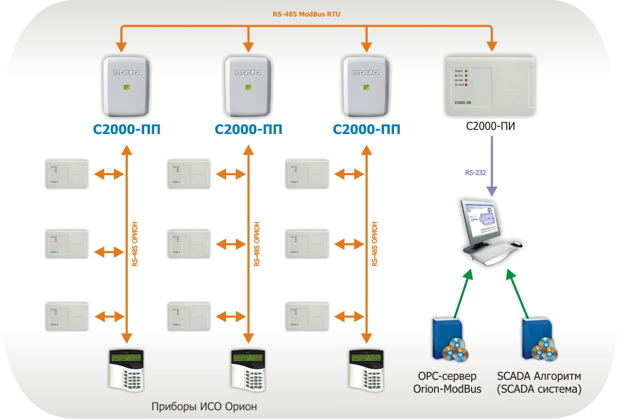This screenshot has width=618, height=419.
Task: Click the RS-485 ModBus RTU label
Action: point(306,14)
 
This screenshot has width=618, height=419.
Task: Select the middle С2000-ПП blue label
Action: point(248,129)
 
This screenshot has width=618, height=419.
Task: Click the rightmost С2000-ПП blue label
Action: point(367,129)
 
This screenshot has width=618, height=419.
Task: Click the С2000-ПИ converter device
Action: point(489,87)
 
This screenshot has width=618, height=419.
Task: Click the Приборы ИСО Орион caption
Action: point(204,407)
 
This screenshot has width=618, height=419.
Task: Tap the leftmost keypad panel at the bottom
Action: point(127,370)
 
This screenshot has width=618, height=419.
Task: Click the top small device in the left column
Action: point(66,173)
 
